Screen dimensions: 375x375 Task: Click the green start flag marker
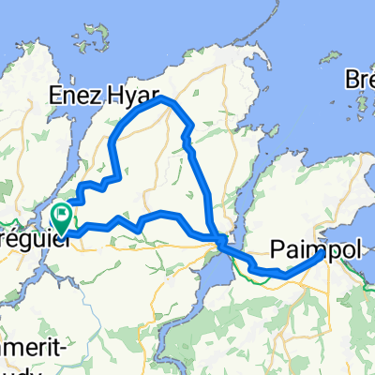click(63, 218)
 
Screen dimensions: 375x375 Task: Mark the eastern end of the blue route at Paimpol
click(322, 252)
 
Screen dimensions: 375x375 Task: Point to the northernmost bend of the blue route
click(162, 97)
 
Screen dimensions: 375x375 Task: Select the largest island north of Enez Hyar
click(94, 37)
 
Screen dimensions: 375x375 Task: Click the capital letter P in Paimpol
click(278, 248)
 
